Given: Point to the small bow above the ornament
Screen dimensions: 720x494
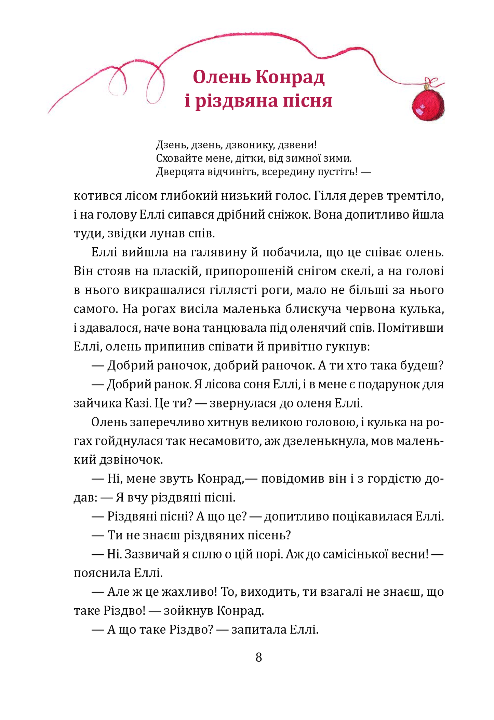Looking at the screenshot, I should coord(431,82).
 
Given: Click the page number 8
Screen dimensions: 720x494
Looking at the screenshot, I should coord(259,657).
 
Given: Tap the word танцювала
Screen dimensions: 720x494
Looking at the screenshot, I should coord(234,328).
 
